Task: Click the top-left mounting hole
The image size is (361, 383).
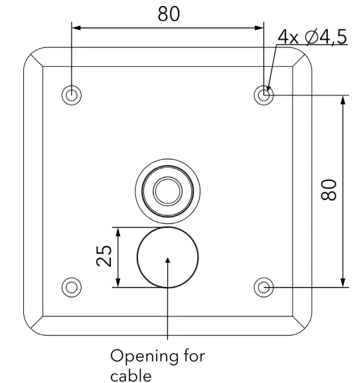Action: (72, 95)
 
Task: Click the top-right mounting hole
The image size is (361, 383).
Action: (264, 95)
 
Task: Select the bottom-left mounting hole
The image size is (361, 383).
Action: (72, 287)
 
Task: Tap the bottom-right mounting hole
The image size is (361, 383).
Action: (264, 287)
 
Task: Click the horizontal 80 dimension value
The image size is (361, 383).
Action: (168, 14)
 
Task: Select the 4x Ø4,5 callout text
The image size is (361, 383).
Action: (312, 37)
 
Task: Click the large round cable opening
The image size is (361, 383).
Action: (168, 258)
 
